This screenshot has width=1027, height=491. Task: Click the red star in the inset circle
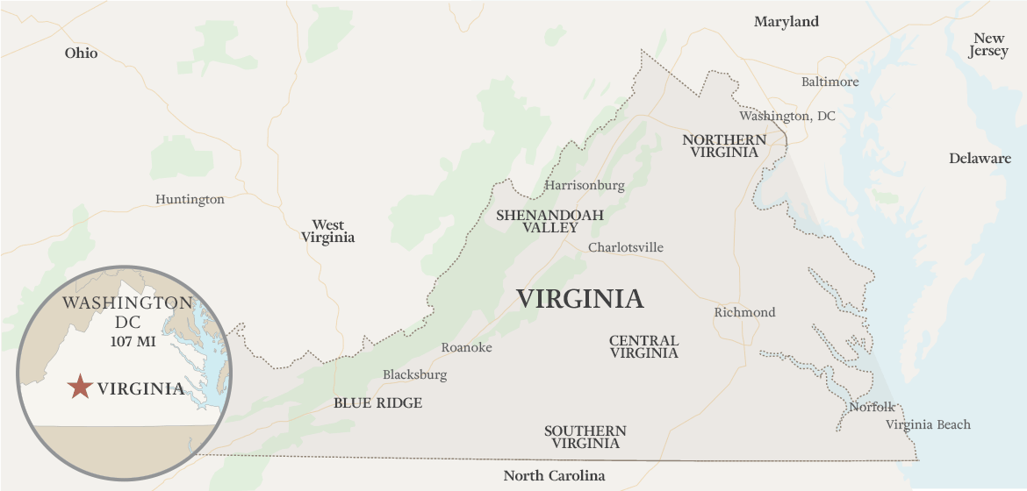(x=80, y=387)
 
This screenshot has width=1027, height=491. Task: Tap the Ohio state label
(x=81, y=53)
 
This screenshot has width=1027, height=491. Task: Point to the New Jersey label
(x=988, y=45)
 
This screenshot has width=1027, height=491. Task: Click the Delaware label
(x=980, y=159)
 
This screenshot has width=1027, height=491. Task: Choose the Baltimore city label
(x=829, y=82)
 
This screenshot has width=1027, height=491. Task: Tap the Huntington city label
(x=190, y=199)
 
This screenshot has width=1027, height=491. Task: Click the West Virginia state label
(x=328, y=231)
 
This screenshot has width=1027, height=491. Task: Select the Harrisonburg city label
(x=585, y=185)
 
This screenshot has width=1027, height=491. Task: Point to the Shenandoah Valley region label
(x=550, y=221)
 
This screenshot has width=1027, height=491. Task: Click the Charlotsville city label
(x=626, y=247)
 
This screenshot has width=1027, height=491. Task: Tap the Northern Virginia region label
(x=724, y=146)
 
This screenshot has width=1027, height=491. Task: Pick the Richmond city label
(x=744, y=312)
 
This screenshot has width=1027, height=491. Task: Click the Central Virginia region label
(x=644, y=346)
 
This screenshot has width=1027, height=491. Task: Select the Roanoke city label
(x=466, y=347)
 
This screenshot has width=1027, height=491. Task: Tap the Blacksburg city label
(x=414, y=374)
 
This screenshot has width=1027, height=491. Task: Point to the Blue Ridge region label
(x=377, y=403)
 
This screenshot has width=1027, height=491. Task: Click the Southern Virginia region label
(x=585, y=437)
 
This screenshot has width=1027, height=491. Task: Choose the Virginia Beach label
(x=928, y=424)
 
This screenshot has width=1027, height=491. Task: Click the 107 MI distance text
(x=133, y=341)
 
